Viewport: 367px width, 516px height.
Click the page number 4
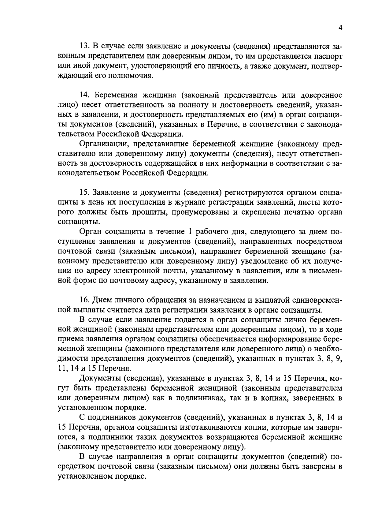pyautogui.click(x=340, y=28)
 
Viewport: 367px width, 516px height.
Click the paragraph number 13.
pyautogui.click(x=84, y=47)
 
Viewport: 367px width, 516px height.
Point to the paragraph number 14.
pyautogui.click(x=84, y=95)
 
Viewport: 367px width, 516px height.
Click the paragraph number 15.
pyautogui.click(x=84, y=192)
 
